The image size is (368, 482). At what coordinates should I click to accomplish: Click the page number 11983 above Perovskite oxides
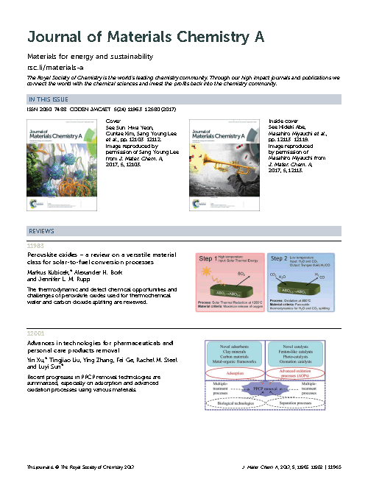[37, 246]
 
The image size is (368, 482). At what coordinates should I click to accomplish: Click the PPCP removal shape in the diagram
[269, 387]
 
